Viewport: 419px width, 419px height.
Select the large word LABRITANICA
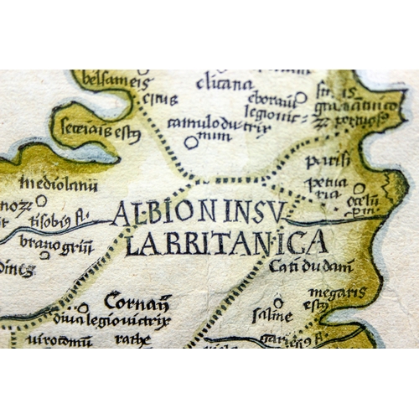coord(226,243)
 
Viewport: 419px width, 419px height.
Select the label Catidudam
coord(311,267)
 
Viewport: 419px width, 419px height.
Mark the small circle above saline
coord(278,303)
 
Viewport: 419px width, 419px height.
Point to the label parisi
coord(323,160)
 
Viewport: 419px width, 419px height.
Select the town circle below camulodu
coord(191,142)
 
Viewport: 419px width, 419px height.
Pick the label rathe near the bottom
coord(133,339)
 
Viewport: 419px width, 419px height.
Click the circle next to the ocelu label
coord(359,189)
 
